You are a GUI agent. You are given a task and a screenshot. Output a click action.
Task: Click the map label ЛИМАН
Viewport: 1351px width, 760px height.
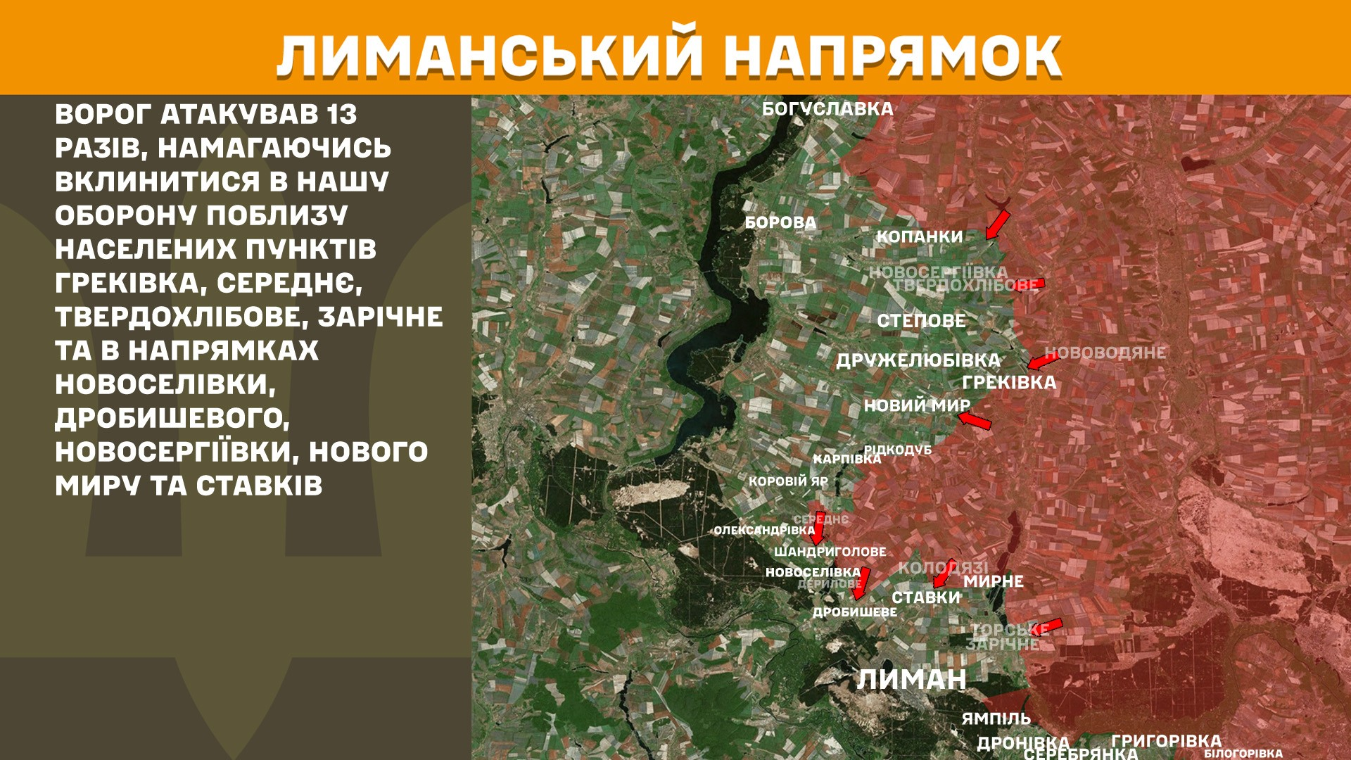pyautogui.click(x=911, y=680)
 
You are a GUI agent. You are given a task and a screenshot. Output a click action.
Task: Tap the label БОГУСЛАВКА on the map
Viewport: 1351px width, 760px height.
pyautogui.click(x=827, y=110)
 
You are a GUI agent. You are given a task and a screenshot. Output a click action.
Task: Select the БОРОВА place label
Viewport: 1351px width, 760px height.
pyautogui.click(x=780, y=223)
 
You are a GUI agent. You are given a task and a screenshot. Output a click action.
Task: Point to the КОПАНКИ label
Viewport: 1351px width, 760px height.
pyautogui.click(x=919, y=237)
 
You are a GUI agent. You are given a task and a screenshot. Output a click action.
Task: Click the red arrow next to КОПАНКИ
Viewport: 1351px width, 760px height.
pyautogui.click(x=997, y=224)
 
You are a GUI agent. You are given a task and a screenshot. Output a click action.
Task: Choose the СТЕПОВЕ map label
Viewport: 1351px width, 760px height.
pyautogui.click(x=921, y=322)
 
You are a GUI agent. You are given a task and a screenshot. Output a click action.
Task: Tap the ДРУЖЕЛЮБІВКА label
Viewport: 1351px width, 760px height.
pyautogui.click(x=918, y=361)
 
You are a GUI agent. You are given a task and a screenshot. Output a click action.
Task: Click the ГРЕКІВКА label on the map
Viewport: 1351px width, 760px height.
pyautogui.click(x=1009, y=383)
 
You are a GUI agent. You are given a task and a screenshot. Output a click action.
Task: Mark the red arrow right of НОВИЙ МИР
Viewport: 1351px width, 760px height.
pyautogui.click(x=975, y=421)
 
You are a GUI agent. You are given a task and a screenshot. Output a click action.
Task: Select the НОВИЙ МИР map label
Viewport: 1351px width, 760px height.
pyautogui.click(x=917, y=406)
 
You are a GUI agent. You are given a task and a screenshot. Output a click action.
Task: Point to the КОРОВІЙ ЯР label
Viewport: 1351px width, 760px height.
pyautogui.click(x=788, y=482)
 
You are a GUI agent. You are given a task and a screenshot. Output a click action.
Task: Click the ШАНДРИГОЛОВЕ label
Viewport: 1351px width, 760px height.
pyautogui.click(x=830, y=552)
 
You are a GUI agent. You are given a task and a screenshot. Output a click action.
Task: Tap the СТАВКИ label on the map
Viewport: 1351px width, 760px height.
pyautogui.click(x=925, y=598)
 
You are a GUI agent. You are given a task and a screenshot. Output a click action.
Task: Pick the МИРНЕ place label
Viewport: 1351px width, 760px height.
pyautogui.click(x=993, y=582)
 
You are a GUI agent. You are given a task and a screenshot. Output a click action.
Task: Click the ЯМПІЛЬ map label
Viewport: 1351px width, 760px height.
pyautogui.click(x=996, y=719)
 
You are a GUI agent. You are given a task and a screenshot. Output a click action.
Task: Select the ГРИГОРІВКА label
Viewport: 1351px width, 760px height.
pyautogui.click(x=1166, y=741)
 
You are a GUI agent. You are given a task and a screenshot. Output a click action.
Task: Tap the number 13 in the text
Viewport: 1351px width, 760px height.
pyautogui.click(x=341, y=115)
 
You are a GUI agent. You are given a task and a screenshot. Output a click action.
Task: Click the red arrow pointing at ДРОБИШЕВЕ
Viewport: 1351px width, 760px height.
pyautogui.click(x=861, y=583)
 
